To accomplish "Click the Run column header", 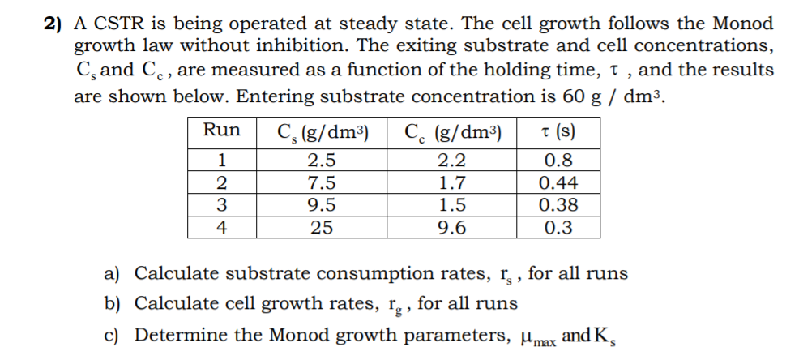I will click(221, 131).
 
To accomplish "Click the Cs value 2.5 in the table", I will click(322, 161).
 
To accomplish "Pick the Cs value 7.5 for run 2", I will click(322, 183).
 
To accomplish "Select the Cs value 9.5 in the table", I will click(322, 205).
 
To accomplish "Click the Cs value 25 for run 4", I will click(322, 228).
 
